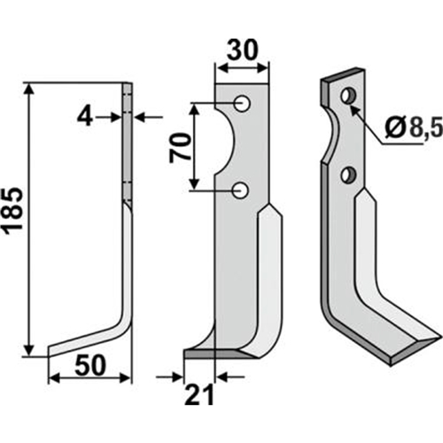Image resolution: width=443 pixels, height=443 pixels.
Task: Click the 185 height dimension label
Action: [13, 209]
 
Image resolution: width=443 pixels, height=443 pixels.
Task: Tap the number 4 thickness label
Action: [85, 117]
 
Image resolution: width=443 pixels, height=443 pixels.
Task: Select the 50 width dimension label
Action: [90, 365]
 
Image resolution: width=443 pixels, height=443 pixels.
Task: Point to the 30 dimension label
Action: [243, 51]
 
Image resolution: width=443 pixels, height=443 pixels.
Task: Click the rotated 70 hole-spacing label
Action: [179, 148]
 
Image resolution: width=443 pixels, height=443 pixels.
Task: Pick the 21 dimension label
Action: [198, 395]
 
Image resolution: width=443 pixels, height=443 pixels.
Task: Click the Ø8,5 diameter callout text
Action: [414, 128]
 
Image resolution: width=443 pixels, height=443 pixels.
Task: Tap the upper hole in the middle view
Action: [242, 103]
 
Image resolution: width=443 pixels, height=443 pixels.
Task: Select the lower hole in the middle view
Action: [240, 190]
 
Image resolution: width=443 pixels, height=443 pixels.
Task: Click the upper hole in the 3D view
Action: [348, 96]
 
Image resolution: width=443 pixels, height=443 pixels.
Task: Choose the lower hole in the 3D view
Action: [348, 175]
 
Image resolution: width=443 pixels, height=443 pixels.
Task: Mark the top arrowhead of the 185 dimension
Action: [28, 89]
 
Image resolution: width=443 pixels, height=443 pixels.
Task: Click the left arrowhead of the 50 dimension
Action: [54, 377]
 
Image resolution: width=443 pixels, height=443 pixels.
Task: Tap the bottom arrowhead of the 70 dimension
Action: [194, 183]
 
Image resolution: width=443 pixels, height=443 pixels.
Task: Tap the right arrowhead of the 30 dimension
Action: [262, 69]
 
